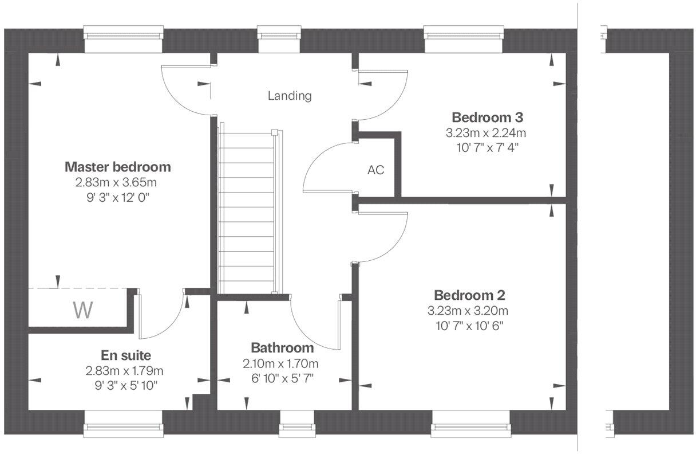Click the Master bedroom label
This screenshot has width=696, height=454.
pos(117,167)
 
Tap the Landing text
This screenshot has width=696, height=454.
pos(290,96)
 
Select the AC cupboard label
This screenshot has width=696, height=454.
pos(375,170)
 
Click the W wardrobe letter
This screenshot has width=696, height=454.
pos(83,310)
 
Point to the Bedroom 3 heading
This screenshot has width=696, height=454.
pos(487,118)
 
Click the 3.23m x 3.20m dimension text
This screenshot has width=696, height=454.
pos(468,311)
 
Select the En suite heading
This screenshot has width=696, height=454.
pos(126,355)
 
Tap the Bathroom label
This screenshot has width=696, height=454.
pos(282,348)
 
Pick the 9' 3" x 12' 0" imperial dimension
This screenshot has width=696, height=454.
pos(117,197)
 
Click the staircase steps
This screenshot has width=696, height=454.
pos(247,212)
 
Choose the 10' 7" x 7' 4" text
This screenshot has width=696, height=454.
pos(486,147)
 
